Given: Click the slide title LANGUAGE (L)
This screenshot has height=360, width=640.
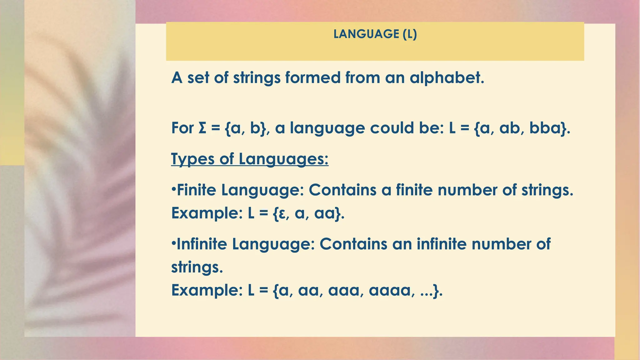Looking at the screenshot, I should click(x=375, y=34).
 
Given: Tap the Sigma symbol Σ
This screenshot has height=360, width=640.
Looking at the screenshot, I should click(x=202, y=128).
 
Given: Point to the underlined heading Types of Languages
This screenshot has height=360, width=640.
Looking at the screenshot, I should click(x=250, y=159).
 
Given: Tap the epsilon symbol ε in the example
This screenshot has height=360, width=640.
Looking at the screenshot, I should click(x=282, y=214).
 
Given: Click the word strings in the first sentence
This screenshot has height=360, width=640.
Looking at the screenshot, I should click(x=257, y=78).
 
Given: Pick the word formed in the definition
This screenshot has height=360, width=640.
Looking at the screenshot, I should click(x=313, y=78).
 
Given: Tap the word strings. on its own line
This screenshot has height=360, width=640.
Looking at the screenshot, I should click(x=197, y=267).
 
